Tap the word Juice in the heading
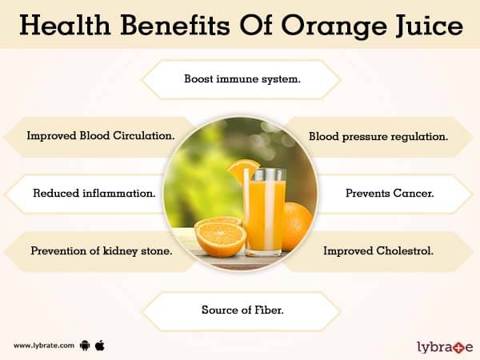tap(430, 26)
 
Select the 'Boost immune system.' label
tap(242, 79)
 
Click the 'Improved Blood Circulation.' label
tap(101, 136)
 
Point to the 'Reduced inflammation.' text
tap(94, 193)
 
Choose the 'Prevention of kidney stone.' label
tap(102, 251)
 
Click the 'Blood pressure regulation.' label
tap(378, 137)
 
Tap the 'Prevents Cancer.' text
tap(390, 193)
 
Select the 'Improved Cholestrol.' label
tap(378, 251)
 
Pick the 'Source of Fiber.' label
tap(242, 310)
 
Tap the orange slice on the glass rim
tap(242, 171)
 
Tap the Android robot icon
tap(85, 346)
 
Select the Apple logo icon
tap(100, 346)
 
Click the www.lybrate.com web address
tap(44, 346)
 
